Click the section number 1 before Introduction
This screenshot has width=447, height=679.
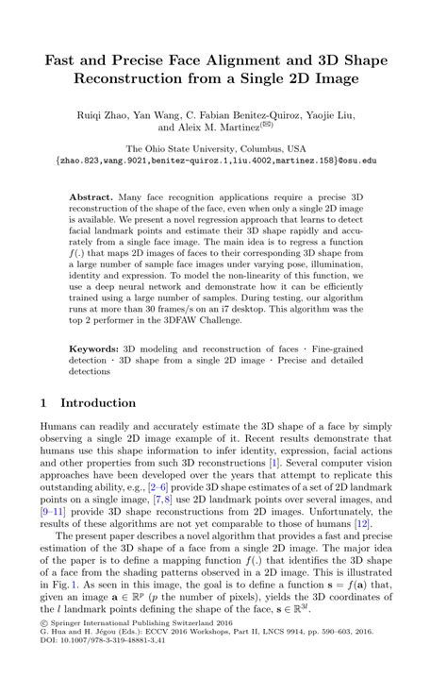click(x=43, y=402)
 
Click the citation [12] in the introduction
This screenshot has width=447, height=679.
click(x=360, y=524)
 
